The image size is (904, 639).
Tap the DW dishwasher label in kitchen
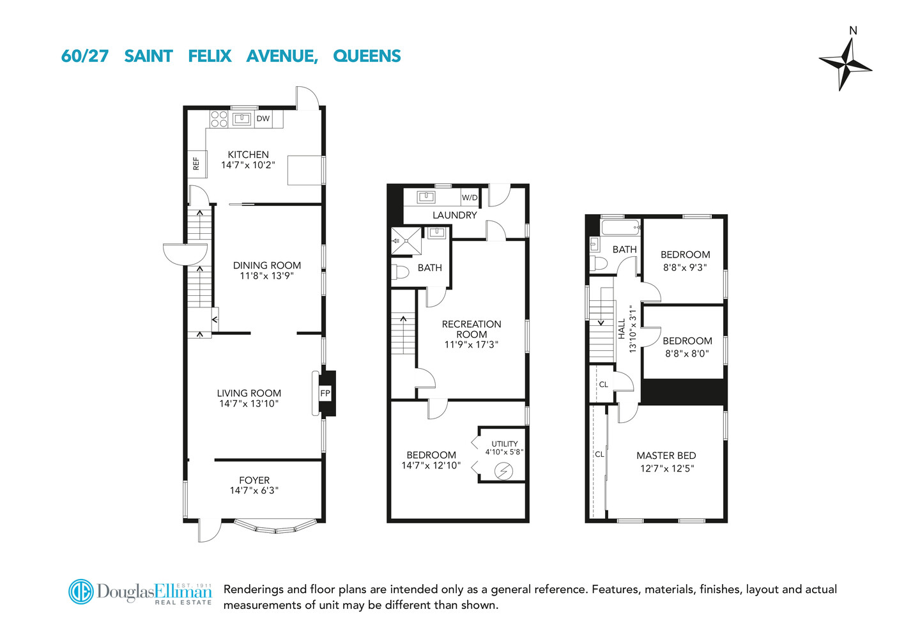pos(263,118)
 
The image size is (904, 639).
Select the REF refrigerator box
pos(196,164)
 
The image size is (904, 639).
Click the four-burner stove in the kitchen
pos(219,119)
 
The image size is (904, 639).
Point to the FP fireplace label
pos(325,394)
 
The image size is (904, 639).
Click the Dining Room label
pos(266,265)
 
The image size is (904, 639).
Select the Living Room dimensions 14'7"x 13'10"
pos(249,404)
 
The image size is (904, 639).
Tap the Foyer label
pos(254,480)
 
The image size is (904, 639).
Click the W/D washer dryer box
pos(470,197)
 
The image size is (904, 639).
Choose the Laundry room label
pos(454,215)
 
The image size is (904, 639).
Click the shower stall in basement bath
pos(406,241)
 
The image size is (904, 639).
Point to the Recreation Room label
pos(471,329)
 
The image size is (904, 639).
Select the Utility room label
pos(504,443)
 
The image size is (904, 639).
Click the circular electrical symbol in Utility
pos(504,472)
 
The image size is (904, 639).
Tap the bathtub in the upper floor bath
pos(620,227)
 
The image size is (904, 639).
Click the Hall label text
pos(622,329)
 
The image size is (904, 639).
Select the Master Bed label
pos(666,456)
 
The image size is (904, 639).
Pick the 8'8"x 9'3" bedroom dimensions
pos(685,268)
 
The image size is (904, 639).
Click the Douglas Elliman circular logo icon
pos(81,592)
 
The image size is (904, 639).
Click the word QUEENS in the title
pos(367,56)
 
